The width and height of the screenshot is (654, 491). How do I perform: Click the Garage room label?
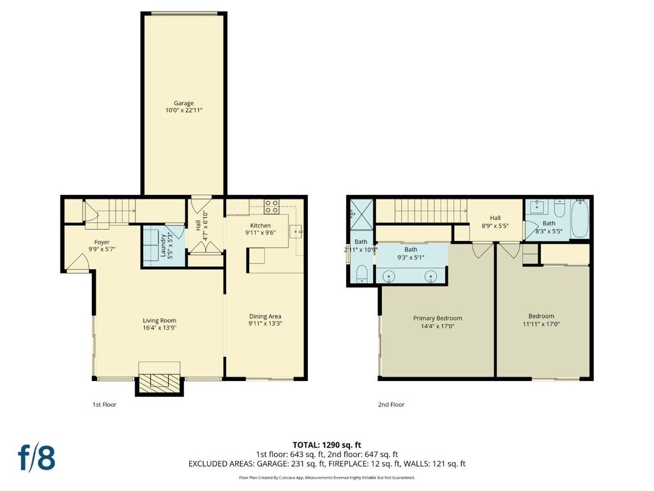coord(184,103)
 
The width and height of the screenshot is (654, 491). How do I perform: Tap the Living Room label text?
coord(159,321)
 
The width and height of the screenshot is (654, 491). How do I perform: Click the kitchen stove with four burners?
coord(271,207)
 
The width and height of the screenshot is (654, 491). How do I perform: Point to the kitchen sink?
coord(296,231)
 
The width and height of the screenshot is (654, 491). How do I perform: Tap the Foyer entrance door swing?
coord(77,263)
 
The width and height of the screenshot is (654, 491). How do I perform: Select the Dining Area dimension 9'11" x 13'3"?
coord(265,323)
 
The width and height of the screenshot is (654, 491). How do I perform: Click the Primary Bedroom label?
coord(437,318)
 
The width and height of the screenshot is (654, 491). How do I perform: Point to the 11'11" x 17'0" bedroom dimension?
coord(542,323)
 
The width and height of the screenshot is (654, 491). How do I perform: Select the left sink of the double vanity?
coord(389,276)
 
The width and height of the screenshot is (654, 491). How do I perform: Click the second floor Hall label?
coord(495,217)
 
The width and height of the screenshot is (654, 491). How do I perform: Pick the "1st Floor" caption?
coord(104,405)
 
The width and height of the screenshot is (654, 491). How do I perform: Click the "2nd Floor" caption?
coord(392,405)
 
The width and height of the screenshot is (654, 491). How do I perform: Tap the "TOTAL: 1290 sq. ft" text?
coord(327,445)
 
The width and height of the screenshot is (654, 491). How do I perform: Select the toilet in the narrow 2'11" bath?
coord(361,274)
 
